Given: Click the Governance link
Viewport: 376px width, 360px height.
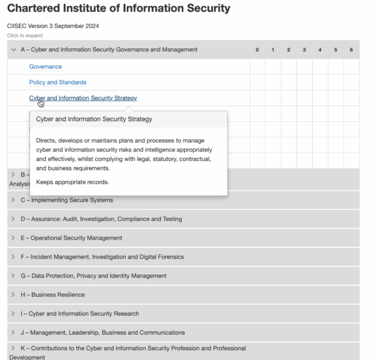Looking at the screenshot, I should [46, 67].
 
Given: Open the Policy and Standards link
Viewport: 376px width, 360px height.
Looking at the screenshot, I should [58, 82].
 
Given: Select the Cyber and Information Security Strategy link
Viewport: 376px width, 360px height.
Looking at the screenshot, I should [83, 98].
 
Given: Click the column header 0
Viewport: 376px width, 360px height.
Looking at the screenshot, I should [257, 50].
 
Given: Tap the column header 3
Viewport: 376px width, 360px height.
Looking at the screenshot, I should [304, 50].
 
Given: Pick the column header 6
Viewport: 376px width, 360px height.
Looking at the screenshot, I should [351, 50].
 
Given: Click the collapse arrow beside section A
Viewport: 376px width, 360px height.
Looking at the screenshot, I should [14, 50].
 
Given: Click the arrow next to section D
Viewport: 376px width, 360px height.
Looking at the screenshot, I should [13, 219].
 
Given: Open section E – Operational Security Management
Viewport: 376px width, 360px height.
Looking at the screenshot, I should [71, 238].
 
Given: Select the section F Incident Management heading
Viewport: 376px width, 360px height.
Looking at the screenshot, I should [102, 257].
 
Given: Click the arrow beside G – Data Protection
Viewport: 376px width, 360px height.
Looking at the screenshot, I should [13, 276].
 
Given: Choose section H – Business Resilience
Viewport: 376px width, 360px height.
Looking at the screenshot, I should [53, 295].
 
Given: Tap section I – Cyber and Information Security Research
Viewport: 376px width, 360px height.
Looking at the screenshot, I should [80, 314].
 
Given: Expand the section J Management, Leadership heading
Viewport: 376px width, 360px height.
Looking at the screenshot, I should [102, 332].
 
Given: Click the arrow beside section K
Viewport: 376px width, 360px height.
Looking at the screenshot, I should [13, 348].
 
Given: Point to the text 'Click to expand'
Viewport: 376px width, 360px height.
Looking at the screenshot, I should [25, 36].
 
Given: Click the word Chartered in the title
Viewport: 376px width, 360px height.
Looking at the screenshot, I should [30, 8].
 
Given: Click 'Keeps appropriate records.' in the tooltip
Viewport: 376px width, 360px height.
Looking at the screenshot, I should [72, 182].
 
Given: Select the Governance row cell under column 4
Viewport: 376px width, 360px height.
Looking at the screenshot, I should [320, 67].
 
